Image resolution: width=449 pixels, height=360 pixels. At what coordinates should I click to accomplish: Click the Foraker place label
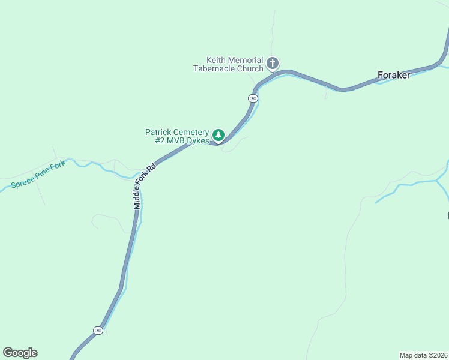(394, 76)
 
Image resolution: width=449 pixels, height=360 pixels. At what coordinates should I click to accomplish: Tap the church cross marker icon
(273, 63)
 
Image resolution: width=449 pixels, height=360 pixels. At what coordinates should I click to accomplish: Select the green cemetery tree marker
(219, 135)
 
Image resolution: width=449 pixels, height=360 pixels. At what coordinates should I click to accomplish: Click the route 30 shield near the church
(253, 98)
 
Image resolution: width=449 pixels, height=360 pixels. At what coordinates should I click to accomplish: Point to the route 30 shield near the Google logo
(98, 330)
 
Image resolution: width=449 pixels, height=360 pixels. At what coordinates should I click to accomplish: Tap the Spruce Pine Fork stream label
(37, 174)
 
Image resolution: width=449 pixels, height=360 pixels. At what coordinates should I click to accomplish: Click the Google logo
(20, 353)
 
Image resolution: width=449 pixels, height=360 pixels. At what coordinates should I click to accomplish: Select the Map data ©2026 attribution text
(423, 355)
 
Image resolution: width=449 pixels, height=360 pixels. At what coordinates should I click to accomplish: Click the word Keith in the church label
(217, 61)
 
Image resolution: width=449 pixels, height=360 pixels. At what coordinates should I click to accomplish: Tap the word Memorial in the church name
(246, 61)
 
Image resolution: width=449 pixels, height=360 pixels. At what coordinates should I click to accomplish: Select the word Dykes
(197, 141)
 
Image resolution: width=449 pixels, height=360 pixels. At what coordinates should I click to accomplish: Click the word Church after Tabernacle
(250, 68)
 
